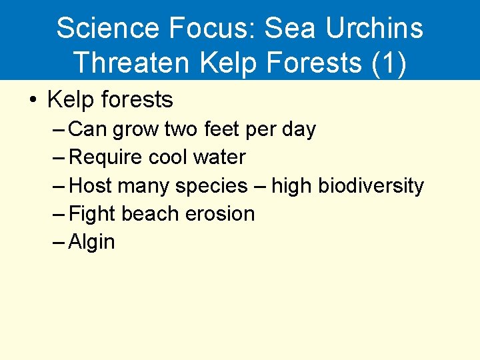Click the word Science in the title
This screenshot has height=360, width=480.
[x=107, y=29]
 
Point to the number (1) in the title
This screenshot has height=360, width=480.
[x=386, y=62]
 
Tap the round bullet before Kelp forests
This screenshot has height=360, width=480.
[x=32, y=101]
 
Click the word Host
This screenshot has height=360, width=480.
[x=91, y=185]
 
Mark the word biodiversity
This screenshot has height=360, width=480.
[x=371, y=185]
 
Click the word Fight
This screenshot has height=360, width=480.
[x=93, y=214]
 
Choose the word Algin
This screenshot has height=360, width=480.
[x=92, y=242]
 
